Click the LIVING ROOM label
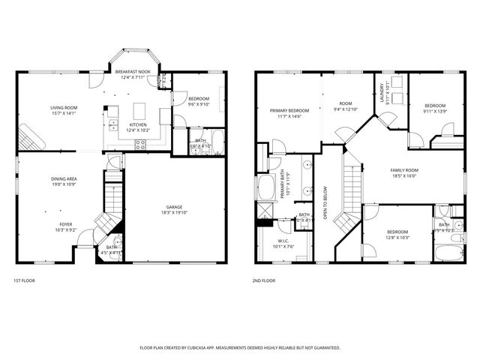pyautogui.click(x=64, y=108)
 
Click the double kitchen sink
pyautogui.click(x=114, y=124)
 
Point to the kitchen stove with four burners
pyautogui.click(x=139, y=145)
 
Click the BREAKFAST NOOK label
pyautogui.click(x=134, y=71)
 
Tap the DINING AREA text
pyautogui.click(x=64, y=179)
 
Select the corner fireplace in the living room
pyautogui.click(x=31, y=137)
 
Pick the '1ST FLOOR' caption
pyautogui.click(x=24, y=280)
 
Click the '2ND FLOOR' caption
pyautogui.click(x=263, y=280)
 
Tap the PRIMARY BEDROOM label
pyautogui.click(x=289, y=110)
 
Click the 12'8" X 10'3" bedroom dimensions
pyautogui.click(x=398, y=238)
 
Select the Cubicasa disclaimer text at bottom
pyautogui.click(x=240, y=348)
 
